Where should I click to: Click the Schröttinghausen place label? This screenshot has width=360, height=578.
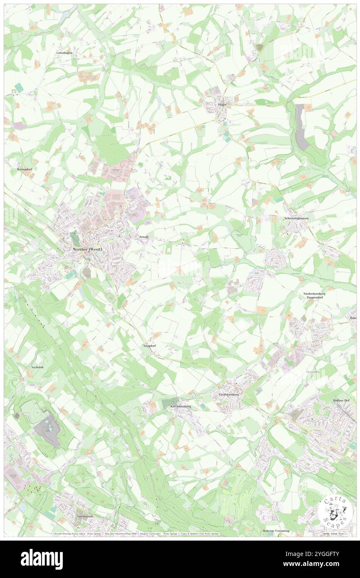(296, 218)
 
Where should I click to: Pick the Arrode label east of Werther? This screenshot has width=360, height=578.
(144, 237)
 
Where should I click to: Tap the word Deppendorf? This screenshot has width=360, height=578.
(319, 298)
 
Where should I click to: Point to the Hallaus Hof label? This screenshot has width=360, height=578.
(343, 400)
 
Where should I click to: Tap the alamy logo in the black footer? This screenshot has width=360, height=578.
(42, 559)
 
